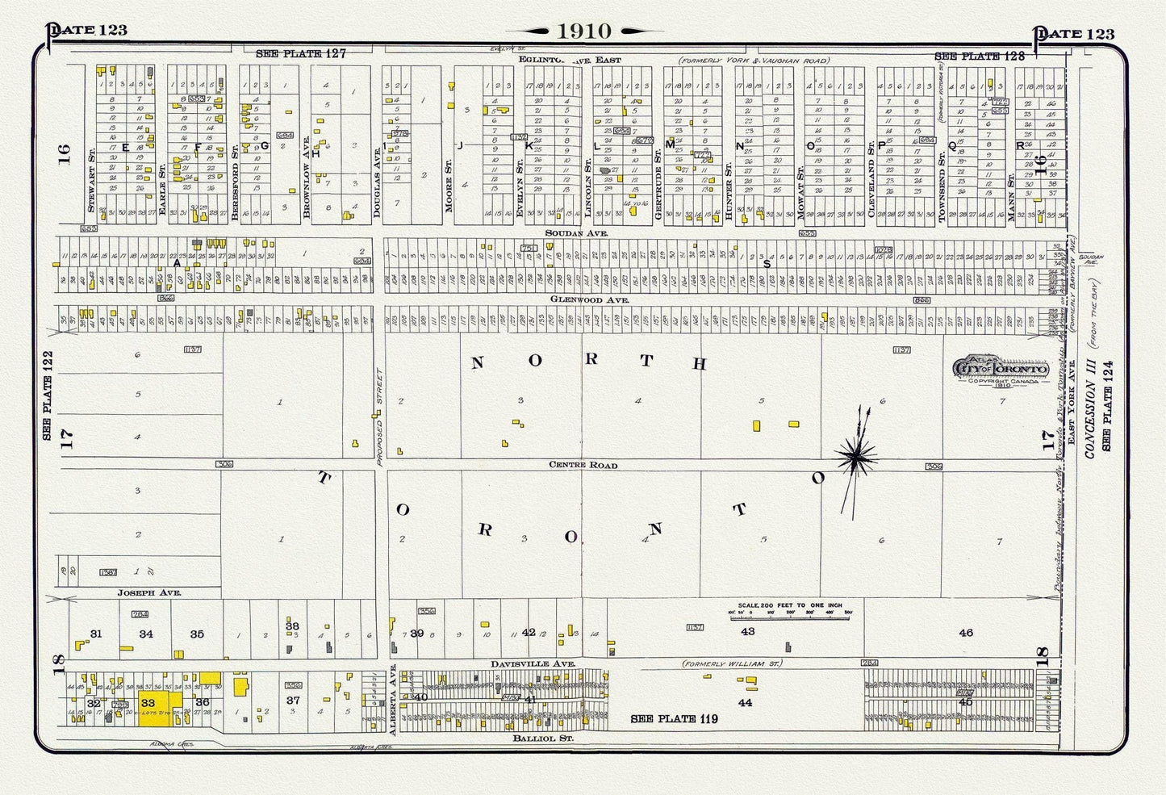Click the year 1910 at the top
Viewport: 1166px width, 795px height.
click(x=583, y=31)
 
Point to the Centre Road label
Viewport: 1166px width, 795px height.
click(x=583, y=465)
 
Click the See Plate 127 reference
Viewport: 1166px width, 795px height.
click(x=300, y=54)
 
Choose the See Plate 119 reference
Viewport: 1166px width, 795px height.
click(x=674, y=718)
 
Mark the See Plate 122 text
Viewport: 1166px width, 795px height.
click(x=48, y=392)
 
